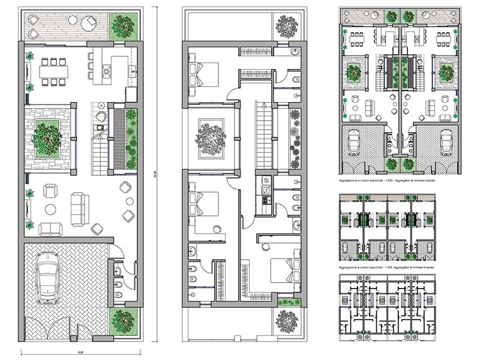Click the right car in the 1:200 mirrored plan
[x=445, y=141]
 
